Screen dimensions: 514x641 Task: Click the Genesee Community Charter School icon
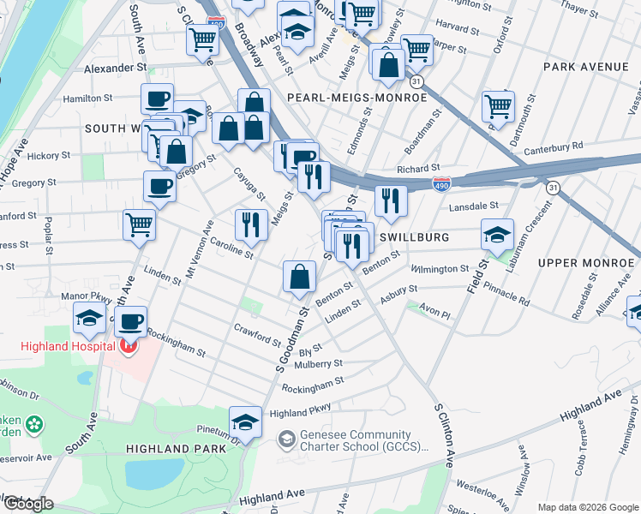[286, 441]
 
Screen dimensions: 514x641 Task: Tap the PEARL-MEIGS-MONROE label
[356, 98]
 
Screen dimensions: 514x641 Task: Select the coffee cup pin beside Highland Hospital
[130, 323]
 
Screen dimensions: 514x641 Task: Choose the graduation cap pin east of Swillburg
[497, 235]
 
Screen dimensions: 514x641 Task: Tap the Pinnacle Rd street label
[506, 296]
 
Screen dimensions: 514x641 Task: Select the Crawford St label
[257, 334]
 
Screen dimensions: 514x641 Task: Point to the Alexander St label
[116, 67]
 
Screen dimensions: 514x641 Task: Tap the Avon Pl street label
[434, 314]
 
